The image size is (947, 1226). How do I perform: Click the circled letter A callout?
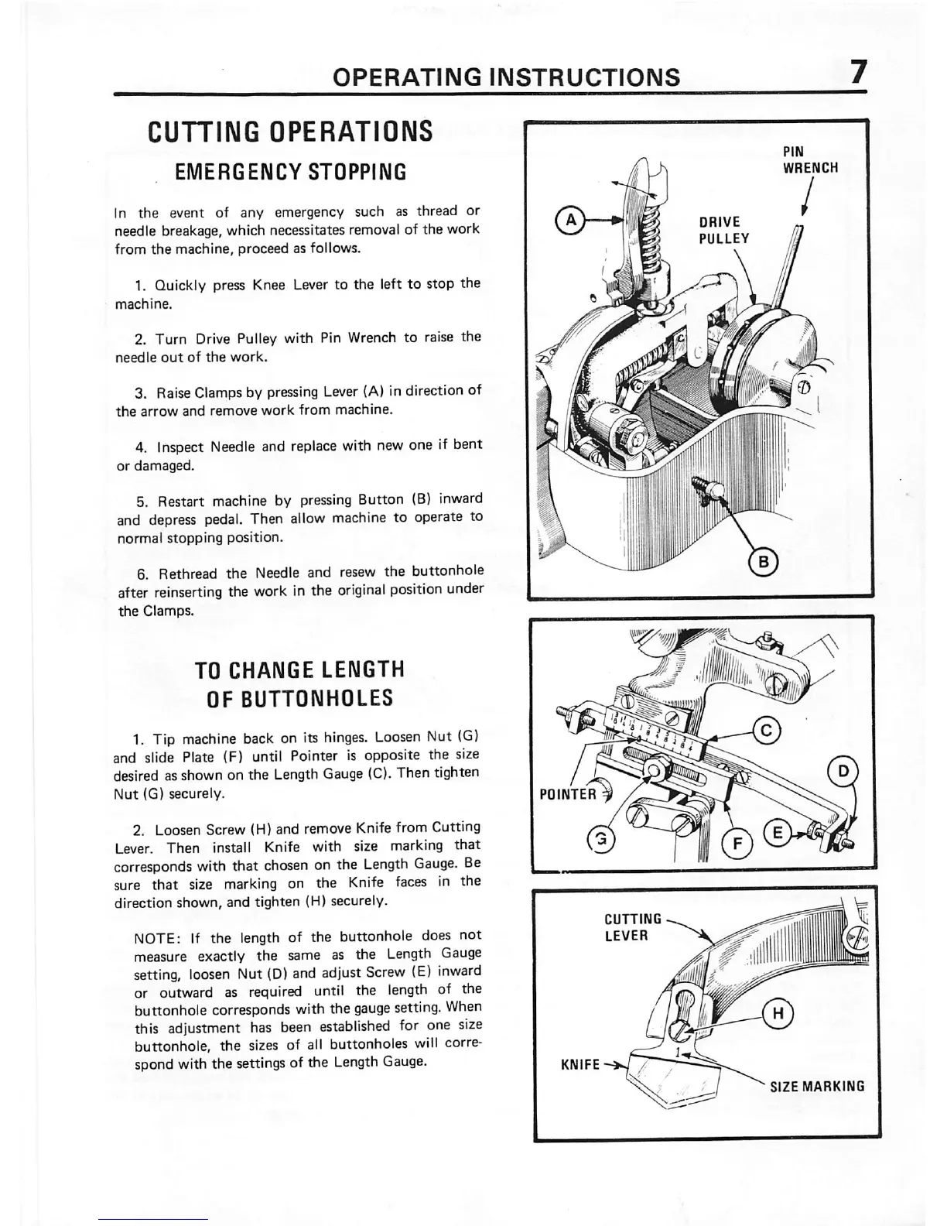(x=571, y=220)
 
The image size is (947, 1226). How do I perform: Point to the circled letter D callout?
(x=840, y=771)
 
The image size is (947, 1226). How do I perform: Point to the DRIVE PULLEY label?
(x=723, y=230)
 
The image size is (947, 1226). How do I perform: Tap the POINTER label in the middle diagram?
(x=569, y=794)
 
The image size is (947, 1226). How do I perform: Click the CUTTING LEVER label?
(x=632, y=926)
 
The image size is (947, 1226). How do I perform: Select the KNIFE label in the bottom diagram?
(x=580, y=1065)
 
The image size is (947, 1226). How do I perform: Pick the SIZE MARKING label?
(x=816, y=1086)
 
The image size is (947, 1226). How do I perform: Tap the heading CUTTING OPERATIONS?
(x=290, y=131)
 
